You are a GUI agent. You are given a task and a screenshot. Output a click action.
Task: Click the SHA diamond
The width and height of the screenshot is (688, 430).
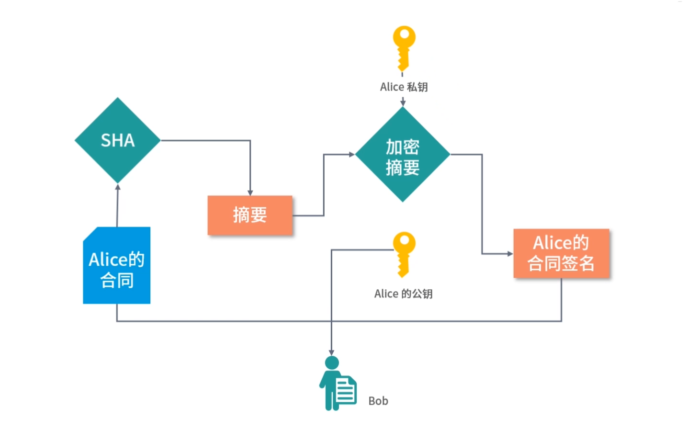tap(117, 140)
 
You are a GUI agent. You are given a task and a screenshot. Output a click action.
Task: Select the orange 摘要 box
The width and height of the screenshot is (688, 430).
tap(249, 215)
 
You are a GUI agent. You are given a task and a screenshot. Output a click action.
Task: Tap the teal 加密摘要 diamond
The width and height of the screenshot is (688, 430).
tap(402, 154)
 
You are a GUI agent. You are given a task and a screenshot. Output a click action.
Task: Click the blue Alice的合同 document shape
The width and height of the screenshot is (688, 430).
tap(117, 266)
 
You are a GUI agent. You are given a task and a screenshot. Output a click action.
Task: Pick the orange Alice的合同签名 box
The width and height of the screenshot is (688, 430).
tap(561, 253)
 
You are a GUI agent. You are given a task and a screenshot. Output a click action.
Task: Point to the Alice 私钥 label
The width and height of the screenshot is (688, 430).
tap(404, 87)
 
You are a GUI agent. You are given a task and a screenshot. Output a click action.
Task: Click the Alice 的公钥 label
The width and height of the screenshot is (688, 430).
tap(403, 294)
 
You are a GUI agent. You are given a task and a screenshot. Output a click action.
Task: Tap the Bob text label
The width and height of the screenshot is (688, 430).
tap(378, 401)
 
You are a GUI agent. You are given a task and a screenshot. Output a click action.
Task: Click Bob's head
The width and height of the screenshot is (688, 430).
tap(331, 363)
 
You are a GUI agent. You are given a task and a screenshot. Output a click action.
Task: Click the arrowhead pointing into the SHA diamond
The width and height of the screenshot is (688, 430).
tap(118, 187)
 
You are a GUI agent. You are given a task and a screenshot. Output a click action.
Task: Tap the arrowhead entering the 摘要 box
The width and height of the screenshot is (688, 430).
tap(250, 192)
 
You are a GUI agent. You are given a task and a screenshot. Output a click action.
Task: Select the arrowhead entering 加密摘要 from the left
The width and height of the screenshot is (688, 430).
tap(351, 154)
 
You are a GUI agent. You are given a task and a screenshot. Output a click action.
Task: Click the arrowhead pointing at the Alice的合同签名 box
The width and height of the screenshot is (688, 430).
tap(510, 254)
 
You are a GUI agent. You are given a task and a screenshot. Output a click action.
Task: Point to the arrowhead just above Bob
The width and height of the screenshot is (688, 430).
tap(331, 352)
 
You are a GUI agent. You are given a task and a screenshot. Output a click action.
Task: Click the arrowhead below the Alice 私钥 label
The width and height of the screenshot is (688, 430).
tap(403, 102)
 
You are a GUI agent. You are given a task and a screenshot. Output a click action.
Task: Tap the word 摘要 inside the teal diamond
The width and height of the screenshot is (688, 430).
tap(403, 168)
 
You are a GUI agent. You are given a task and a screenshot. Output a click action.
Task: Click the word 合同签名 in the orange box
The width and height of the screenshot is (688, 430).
tap(561, 263)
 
